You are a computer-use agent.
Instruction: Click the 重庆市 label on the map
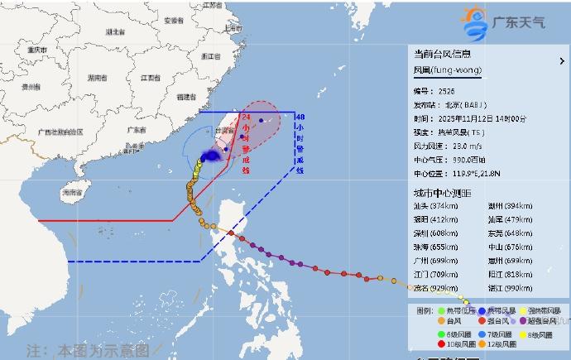click(x=36, y=49)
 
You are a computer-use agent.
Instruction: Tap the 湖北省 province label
click(x=113, y=31)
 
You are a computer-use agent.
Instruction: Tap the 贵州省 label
click(x=31, y=86)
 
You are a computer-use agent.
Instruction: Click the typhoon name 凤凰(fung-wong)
click(x=447, y=70)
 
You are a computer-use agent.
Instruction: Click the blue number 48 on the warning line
click(x=300, y=117)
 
